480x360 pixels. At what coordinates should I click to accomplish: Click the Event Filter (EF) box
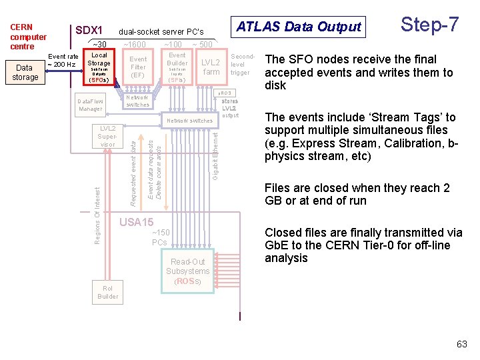(138, 67)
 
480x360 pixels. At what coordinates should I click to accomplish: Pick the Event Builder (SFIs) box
(177, 67)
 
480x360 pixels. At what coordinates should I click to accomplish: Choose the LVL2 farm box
(211, 67)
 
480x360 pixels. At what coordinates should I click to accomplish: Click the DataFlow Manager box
(91, 105)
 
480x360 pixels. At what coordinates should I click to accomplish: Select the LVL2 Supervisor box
(107, 135)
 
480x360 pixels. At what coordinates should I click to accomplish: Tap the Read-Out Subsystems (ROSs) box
(188, 271)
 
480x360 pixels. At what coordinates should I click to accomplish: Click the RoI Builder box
(107, 292)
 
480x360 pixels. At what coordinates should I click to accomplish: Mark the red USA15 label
(136, 222)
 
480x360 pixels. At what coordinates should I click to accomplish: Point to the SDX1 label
(89, 31)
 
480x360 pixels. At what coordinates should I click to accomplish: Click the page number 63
(461, 344)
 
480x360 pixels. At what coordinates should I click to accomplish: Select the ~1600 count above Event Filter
(135, 45)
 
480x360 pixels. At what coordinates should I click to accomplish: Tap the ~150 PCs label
(160, 237)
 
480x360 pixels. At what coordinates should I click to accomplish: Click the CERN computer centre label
(28, 37)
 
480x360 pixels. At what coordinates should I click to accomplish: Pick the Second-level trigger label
(240, 65)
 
